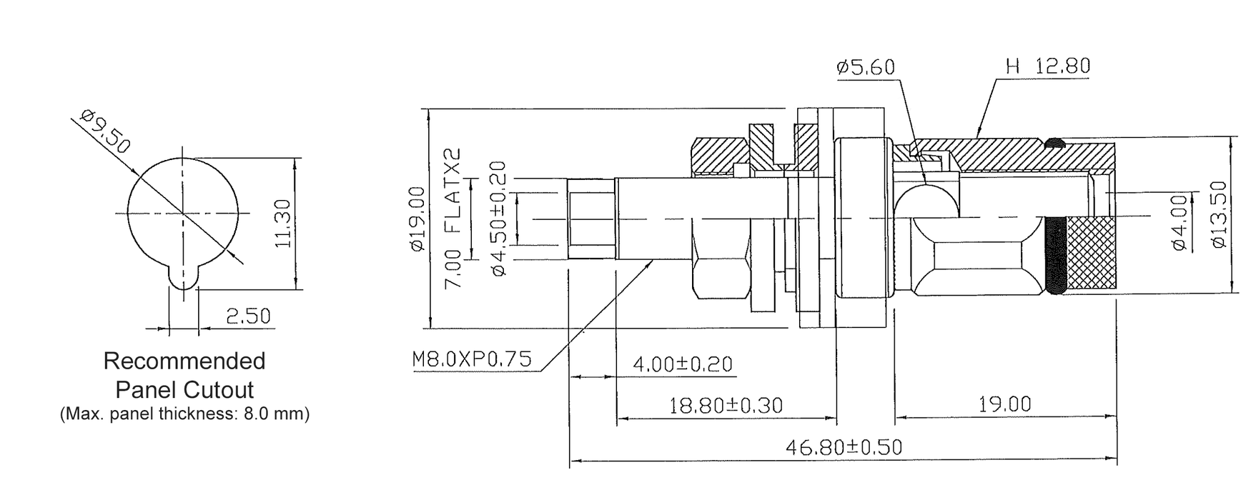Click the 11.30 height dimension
pyautogui.click(x=283, y=224)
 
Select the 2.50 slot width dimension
pyautogui.click(x=248, y=315)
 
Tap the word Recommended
pyautogui.click(x=184, y=361)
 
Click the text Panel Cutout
pyautogui.click(x=184, y=390)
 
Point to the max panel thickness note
pyautogui.click(x=184, y=414)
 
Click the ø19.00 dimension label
pyautogui.click(x=417, y=219)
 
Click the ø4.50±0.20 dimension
pyautogui.click(x=498, y=219)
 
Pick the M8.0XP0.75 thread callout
pyautogui.click(x=472, y=359)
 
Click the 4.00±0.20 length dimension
pyautogui.click(x=683, y=364)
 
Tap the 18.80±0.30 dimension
pyautogui.click(x=726, y=406)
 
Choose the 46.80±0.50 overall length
pyautogui.click(x=844, y=448)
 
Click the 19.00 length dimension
pyautogui.click(x=1004, y=404)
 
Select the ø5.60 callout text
pyautogui.click(x=865, y=67)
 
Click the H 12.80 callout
pyautogui.click(x=1047, y=66)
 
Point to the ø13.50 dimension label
pyautogui.click(x=1220, y=215)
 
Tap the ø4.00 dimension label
pyautogui.click(x=1180, y=222)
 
